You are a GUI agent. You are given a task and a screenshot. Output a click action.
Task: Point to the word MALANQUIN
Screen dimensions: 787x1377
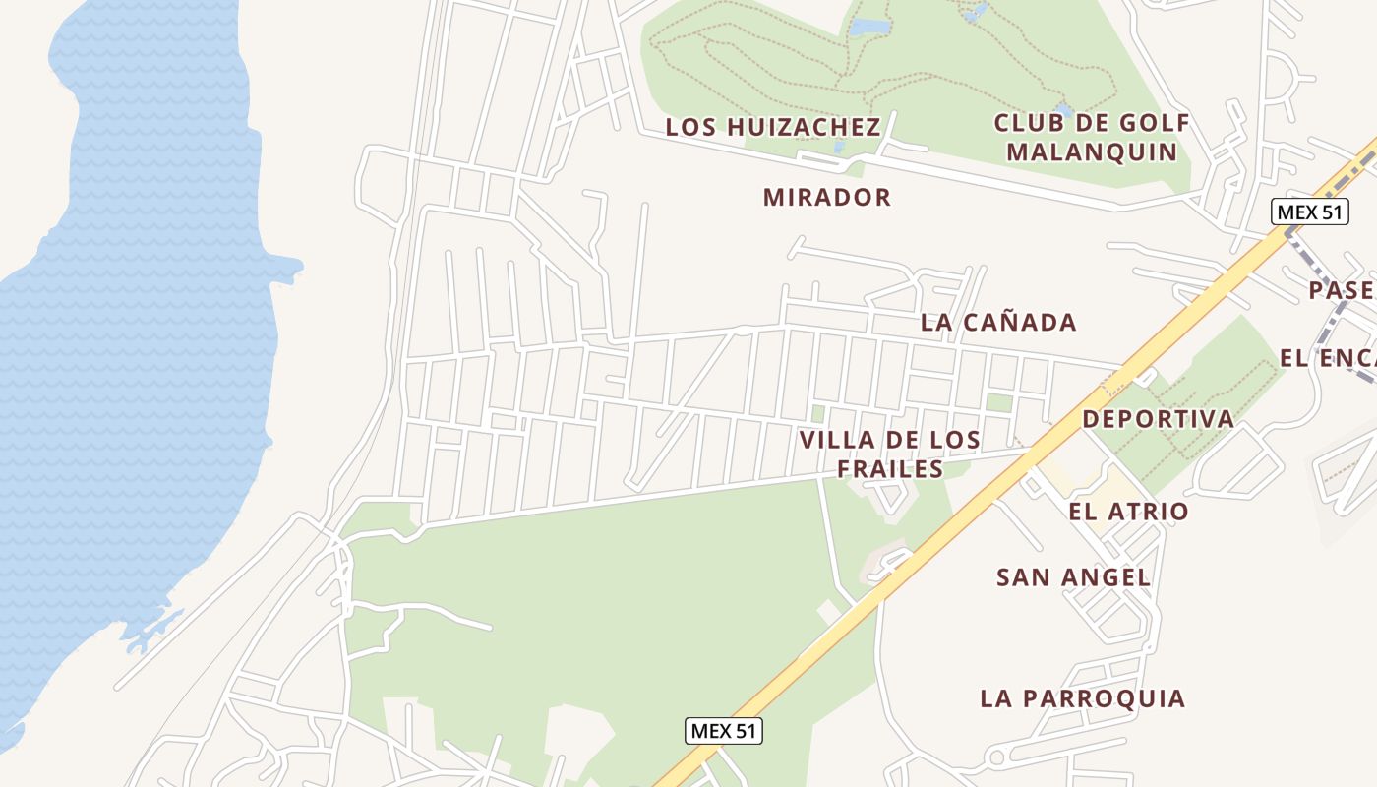(x=1092, y=152)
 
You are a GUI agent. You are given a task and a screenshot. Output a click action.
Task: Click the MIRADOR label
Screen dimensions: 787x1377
(x=826, y=197)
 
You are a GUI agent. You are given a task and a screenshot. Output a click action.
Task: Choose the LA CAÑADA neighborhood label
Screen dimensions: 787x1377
(x=997, y=322)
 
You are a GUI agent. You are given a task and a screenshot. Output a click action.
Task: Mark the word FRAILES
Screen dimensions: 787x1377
(x=890, y=469)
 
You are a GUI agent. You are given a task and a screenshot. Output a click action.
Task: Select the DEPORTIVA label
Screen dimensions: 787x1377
(x=1158, y=419)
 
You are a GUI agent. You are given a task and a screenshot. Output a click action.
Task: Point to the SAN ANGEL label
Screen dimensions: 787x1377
(x=1073, y=577)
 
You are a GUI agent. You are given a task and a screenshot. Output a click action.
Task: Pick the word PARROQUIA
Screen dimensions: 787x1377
(x=1104, y=698)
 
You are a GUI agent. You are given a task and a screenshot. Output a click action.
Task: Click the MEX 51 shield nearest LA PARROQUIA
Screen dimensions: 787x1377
(x=723, y=731)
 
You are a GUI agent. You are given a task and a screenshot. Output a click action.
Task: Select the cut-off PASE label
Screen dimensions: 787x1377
(x=1342, y=290)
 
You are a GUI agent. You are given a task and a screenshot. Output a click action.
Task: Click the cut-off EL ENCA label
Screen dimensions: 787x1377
(x=1327, y=358)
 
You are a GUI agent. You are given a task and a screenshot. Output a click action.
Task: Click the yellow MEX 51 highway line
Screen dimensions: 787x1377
(x=984, y=492)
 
